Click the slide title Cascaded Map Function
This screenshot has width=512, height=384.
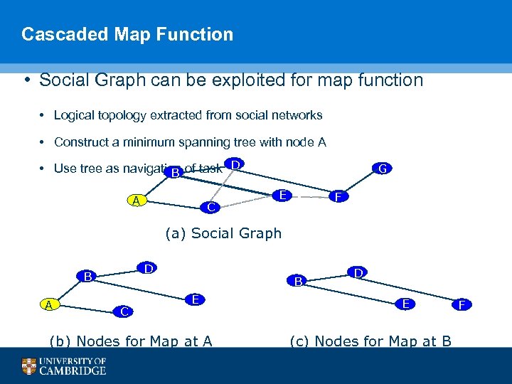click(x=127, y=34)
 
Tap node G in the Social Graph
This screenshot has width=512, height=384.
click(x=382, y=169)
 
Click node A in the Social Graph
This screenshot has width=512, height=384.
click(x=135, y=201)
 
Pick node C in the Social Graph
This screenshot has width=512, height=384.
click(x=210, y=208)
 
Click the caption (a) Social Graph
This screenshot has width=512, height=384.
click(x=223, y=233)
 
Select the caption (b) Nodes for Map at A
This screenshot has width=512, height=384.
click(x=129, y=341)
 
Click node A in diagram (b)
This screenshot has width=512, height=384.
click(x=48, y=304)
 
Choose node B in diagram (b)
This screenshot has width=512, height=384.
click(x=87, y=276)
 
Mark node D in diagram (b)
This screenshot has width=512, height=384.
click(x=147, y=268)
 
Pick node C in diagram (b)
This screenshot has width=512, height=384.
click(x=124, y=311)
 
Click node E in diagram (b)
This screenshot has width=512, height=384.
click(x=194, y=299)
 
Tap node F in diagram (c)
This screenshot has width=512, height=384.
click(x=462, y=305)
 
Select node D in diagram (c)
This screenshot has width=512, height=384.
click(x=358, y=272)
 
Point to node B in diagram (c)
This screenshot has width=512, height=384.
click(x=299, y=282)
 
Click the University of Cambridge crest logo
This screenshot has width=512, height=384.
click(x=28, y=366)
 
